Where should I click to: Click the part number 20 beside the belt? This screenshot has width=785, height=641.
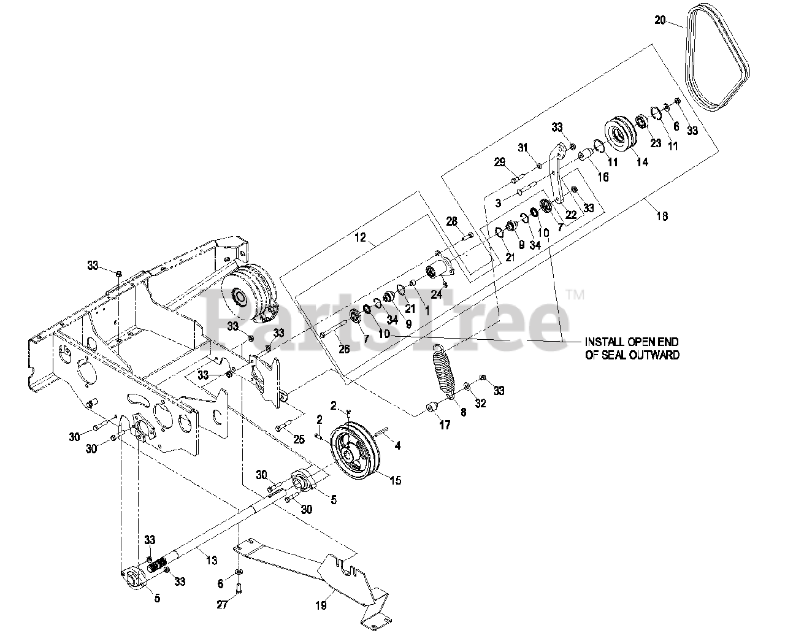click(659, 20)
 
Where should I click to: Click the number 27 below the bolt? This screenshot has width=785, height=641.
click(222, 605)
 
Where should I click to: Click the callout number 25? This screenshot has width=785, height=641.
click(299, 439)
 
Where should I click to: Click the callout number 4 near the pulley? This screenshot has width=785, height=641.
click(397, 446)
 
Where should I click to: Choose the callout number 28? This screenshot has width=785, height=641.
click(451, 220)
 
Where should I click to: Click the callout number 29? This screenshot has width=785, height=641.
click(499, 162)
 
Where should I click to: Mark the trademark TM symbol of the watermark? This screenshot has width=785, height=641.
click(576, 296)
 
